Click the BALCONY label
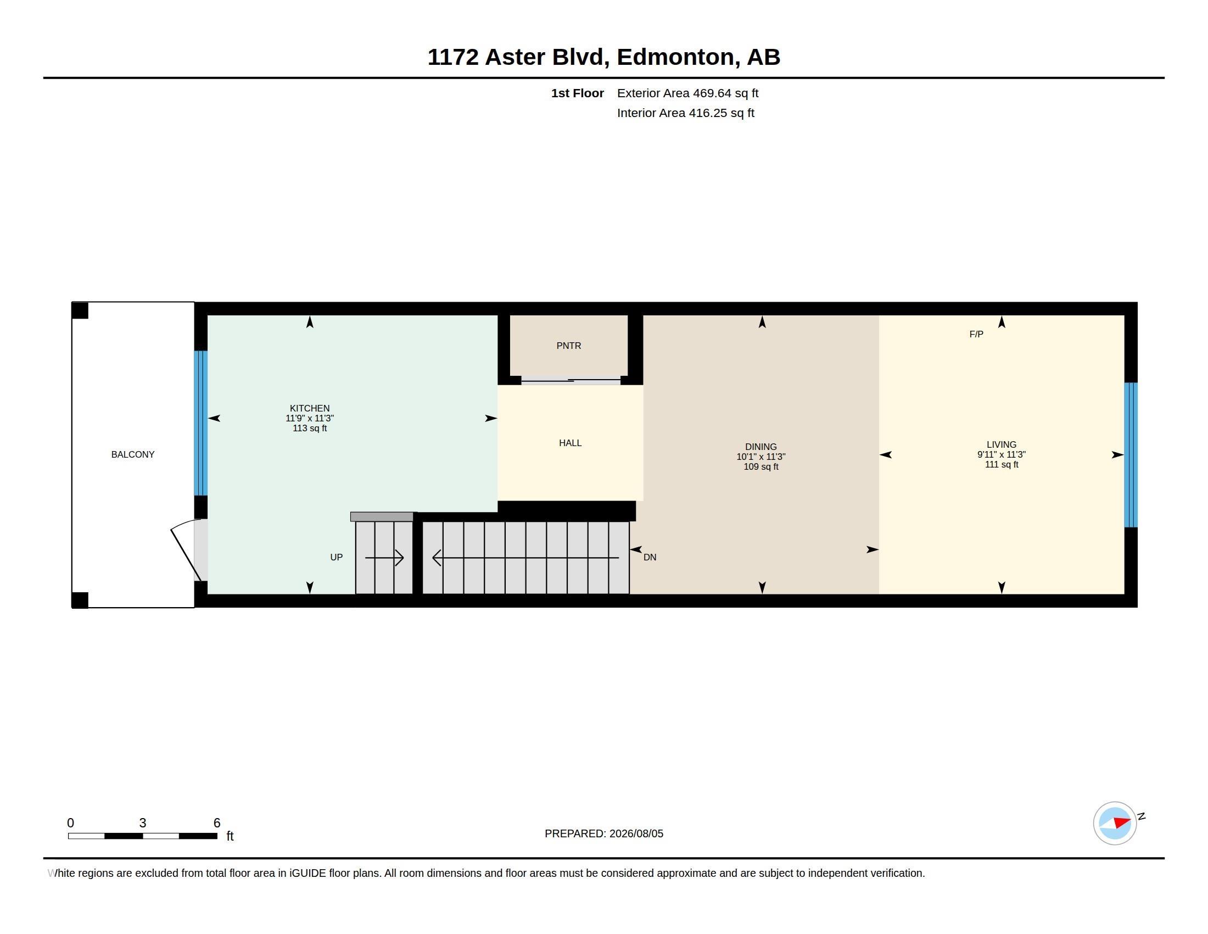133,454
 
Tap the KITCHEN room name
310,408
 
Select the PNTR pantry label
569,346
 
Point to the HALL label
571,443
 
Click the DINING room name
761,447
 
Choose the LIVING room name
1002,444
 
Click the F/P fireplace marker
976,334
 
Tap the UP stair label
336,557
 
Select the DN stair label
650,557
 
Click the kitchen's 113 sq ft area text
310,429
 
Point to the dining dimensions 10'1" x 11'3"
761,457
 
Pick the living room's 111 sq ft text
1002,464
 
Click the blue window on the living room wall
1131,455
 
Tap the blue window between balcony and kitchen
201,423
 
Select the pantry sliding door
571,381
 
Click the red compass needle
1122,822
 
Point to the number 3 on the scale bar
143,823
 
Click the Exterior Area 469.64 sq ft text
687,93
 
